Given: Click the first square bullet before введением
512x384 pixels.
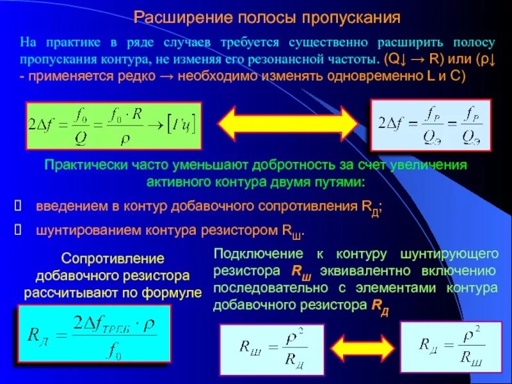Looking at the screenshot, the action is pos(18,207).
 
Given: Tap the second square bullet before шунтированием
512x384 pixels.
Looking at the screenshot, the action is pos(18,230).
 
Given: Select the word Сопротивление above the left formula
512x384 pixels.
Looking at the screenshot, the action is pos(113,259).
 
